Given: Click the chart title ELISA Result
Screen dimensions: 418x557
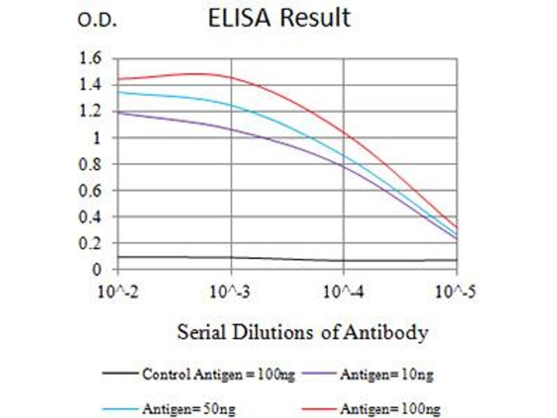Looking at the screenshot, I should point(279,18).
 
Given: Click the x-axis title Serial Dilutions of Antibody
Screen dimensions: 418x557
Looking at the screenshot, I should point(302,332).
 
